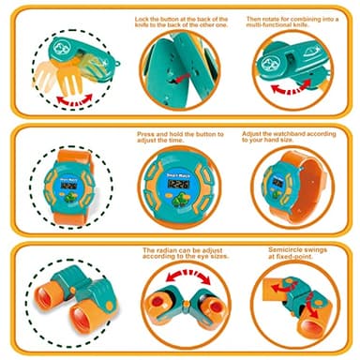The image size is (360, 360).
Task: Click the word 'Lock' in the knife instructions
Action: pos(142,20)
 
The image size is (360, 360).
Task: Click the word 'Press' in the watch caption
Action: pos(145,134)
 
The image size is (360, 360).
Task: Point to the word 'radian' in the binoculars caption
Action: pos(166,250)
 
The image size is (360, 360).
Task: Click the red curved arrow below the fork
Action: pos(74,99)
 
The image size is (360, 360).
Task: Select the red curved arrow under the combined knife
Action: pos(291,87)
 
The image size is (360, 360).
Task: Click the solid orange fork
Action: pos(69,78)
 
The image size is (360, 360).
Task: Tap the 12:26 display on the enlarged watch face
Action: pos(178,184)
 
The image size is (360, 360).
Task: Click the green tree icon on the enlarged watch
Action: pos(179,199)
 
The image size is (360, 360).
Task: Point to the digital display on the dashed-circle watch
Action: pos(68,186)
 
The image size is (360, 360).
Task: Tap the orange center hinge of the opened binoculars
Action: pos(187,304)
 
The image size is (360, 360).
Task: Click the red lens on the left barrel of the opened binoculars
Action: pos(157,303)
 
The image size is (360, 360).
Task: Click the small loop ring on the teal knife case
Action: pos(118,65)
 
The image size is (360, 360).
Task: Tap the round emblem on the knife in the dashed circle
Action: pos(59,48)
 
